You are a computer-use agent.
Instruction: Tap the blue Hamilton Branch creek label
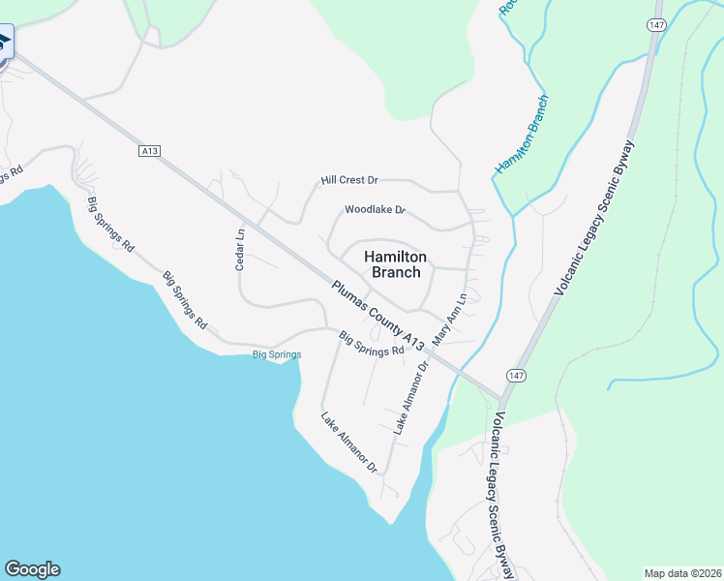[522, 135]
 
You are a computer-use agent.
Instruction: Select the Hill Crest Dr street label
[349, 180]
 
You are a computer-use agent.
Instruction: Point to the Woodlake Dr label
[375, 210]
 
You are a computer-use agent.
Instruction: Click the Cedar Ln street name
[241, 248]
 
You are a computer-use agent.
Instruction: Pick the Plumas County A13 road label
[377, 317]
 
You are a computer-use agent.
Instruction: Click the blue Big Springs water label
[277, 354]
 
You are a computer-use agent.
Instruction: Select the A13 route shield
[148, 150]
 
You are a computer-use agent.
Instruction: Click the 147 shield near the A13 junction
[513, 374]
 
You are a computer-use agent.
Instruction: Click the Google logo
[32, 569]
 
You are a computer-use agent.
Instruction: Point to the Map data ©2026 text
[682, 572]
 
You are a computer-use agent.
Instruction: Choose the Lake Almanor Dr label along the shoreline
[349, 443]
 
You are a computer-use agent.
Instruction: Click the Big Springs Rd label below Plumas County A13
[371, 344]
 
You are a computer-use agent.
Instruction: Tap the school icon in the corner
[4, 42]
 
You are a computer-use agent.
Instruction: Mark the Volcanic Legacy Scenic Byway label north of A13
[594, 218]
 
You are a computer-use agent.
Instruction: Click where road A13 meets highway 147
[500, 397]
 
